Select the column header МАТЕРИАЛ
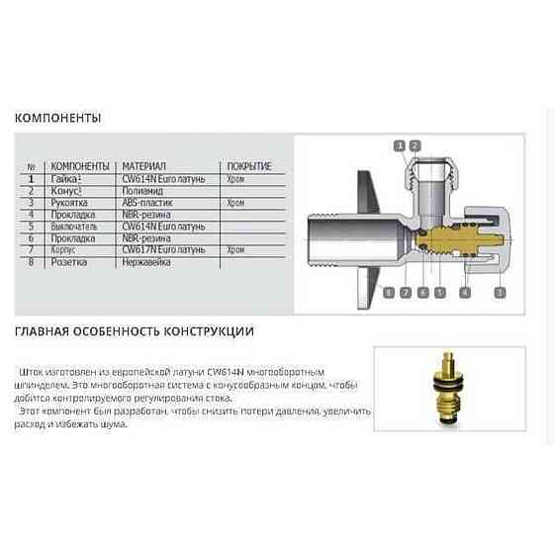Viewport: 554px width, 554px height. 143,166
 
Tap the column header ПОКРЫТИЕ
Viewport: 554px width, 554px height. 248,166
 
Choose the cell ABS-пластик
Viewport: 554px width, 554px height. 144,201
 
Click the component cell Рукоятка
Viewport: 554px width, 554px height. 72,201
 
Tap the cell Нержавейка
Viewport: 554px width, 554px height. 145,262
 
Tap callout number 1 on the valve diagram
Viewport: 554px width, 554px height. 401,145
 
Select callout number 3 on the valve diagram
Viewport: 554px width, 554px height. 500,293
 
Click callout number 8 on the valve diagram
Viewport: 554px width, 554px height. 389,293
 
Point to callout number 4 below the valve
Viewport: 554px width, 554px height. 465,293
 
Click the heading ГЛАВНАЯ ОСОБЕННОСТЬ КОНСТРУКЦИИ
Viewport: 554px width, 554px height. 134,329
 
